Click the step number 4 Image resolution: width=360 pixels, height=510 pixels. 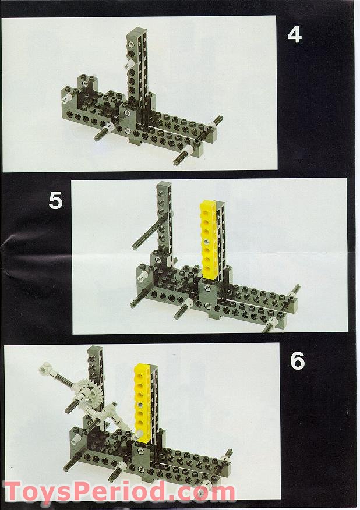click(x=294, y=35)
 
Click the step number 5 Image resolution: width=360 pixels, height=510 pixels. click(x=55, y=200)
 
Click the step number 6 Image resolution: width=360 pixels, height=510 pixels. click(x=298, y=361)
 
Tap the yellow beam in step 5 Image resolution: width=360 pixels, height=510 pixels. click(x=209, y=240)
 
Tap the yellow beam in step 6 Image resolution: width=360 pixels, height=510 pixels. click(x=143, y=403)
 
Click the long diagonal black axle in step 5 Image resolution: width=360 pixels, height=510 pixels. click(x=148, y=232)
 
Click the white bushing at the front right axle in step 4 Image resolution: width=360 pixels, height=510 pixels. click(x=188, y=150)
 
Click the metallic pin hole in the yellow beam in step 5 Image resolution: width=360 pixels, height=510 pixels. click(x=206, y=242)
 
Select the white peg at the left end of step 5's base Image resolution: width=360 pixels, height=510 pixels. click(x=142, y=277)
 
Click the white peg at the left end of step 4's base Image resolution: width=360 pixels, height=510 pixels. click(x=68, y=97)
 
